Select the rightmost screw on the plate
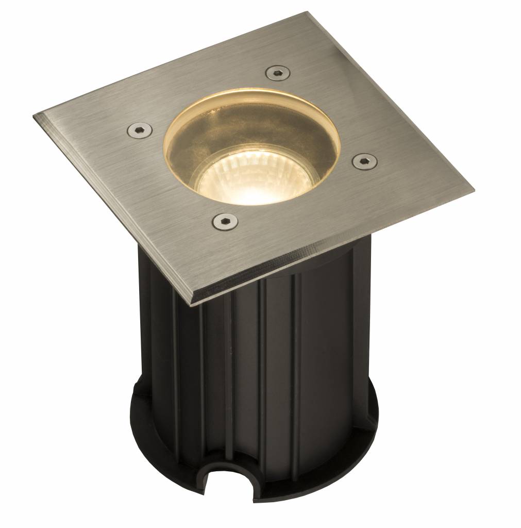[x=363, y=161]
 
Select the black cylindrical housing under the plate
[x=258, y=361]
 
